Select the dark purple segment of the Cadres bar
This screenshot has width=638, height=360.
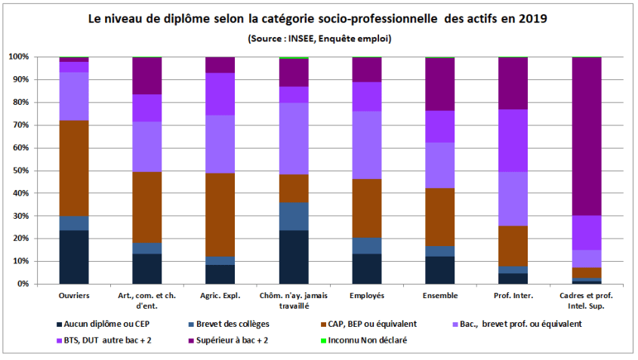(x=586, y=136)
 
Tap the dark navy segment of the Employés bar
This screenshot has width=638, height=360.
(x=366, y=269)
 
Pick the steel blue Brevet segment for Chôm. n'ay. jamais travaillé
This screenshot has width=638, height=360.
(x=294, y=216)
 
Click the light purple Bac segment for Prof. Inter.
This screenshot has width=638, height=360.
(x=513, y=198)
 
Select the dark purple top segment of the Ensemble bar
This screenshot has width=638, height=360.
(x=439, y=84)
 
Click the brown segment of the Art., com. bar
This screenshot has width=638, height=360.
(x=147, y=207)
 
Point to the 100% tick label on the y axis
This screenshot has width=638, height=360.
(x=18, y=57)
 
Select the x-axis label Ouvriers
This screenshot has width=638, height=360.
(x=74, y=295)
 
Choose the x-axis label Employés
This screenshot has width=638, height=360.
(x=366, y=295)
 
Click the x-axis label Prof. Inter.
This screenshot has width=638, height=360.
(x=513, y=295)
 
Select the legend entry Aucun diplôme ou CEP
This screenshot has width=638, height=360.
(x=106, y=324)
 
